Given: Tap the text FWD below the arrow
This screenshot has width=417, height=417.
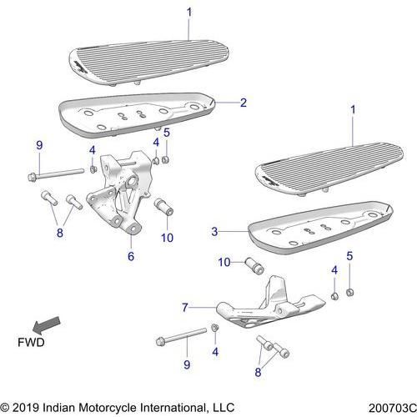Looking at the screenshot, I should [31, 343].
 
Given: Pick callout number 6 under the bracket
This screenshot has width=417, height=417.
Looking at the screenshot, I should [131, 257].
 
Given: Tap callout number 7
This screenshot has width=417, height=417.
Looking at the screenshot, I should [185, 308].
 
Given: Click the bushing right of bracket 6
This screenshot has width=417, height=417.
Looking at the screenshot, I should [163, 206].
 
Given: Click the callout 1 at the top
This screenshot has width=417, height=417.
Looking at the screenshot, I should [188, 12].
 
